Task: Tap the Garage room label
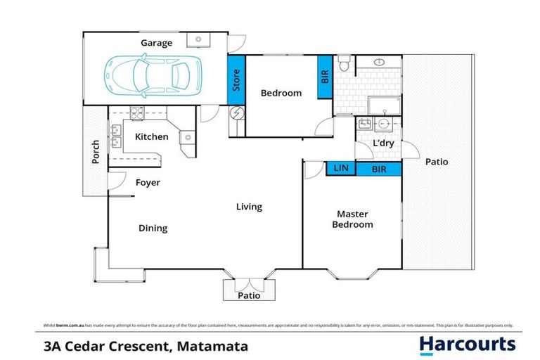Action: point(156,43)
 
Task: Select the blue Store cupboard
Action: point(236,79)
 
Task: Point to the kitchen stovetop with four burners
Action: point(136,112)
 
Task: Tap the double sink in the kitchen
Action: point(114,136)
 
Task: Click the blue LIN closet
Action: point(341,169)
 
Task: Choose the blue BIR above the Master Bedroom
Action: point(378,169)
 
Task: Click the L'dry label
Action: point(383,143)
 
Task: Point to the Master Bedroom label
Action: point(353,219)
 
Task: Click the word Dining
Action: point(153,228)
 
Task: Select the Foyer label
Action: point(148,183)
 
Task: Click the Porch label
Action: point(96,152)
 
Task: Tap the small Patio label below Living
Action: point(249,295)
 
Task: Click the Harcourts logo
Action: point(467,345)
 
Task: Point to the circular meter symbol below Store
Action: point(237,112)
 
